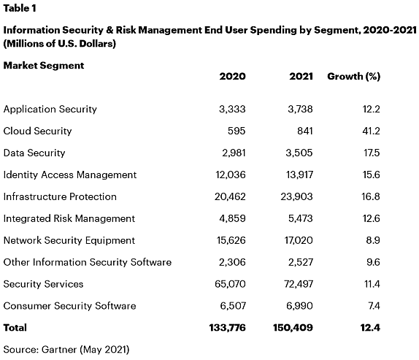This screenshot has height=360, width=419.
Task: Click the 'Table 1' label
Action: pos(20,8)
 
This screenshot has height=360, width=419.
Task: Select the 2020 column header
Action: pos(232,77)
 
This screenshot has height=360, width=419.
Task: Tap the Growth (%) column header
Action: pos(353,77)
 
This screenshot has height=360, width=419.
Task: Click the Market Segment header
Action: pos(44,66)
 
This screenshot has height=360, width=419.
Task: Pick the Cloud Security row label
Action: pos(37,131)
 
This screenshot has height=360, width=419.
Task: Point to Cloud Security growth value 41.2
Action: pos(371,131)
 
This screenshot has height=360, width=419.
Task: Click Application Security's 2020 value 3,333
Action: pos(232,109)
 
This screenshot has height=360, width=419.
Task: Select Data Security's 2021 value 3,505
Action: pos(299,153)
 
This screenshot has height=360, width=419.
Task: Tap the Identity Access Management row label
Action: pos(70,175)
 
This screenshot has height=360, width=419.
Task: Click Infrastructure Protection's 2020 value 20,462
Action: pos(230,196)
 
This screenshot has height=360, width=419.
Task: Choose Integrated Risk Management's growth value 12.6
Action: pos(371,218)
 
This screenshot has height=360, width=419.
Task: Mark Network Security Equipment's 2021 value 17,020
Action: pos(299,240)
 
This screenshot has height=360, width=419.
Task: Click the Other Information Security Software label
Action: pos(88,262)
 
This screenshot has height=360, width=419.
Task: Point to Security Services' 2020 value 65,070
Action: pos(230,284)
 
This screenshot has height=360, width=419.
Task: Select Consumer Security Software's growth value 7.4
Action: pos(374,306)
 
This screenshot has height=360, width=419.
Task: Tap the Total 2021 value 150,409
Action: pos(293,328)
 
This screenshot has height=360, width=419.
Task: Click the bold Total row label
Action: pos(15,328)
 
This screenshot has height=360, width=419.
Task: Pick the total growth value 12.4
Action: pos(370,328)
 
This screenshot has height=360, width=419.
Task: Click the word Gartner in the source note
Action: pos(59,350)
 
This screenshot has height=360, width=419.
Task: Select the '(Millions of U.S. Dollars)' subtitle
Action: pos(60,44)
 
